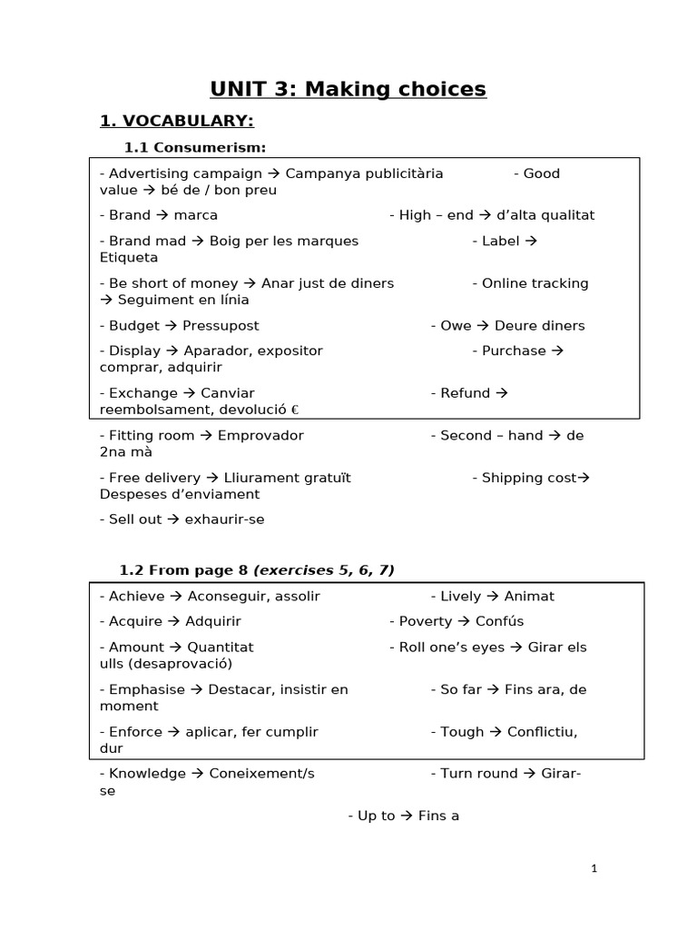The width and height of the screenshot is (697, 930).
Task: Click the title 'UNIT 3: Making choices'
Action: pyautogui.click(x=348, y=89)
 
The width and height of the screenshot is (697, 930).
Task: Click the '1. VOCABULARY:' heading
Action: pyautogui.click(x=176, y=121)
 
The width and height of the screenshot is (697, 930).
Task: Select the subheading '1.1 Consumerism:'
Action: pyautogui.click(x=194, y=148)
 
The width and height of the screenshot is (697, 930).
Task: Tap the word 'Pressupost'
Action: pyautogui.click(x=221, y=325)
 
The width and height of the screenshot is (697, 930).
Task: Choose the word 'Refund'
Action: pyautogui.click(x=465, y=393)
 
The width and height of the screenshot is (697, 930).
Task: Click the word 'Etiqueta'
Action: pyautogui.click(x=129, y=258)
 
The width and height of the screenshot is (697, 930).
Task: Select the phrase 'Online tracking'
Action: pyautogui.click(x=535, y=283)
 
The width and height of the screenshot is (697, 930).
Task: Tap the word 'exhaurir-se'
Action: pyautogui.click(x=224, y=519)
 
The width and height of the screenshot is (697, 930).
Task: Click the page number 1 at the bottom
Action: pyautogui.click(x=594, y=868)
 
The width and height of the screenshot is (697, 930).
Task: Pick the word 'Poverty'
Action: pyautogui.click(x=425, y=621)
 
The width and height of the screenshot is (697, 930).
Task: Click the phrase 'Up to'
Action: pyautogui.click(x=376, y=816)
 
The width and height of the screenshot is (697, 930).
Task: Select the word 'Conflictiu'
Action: pyautogui.click(x=542, y=732)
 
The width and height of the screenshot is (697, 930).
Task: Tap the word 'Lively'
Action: pyautogui.click(x=460, y=597)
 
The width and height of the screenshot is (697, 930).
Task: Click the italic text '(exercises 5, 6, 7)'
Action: pyautogui.click(x=323, y=570)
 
